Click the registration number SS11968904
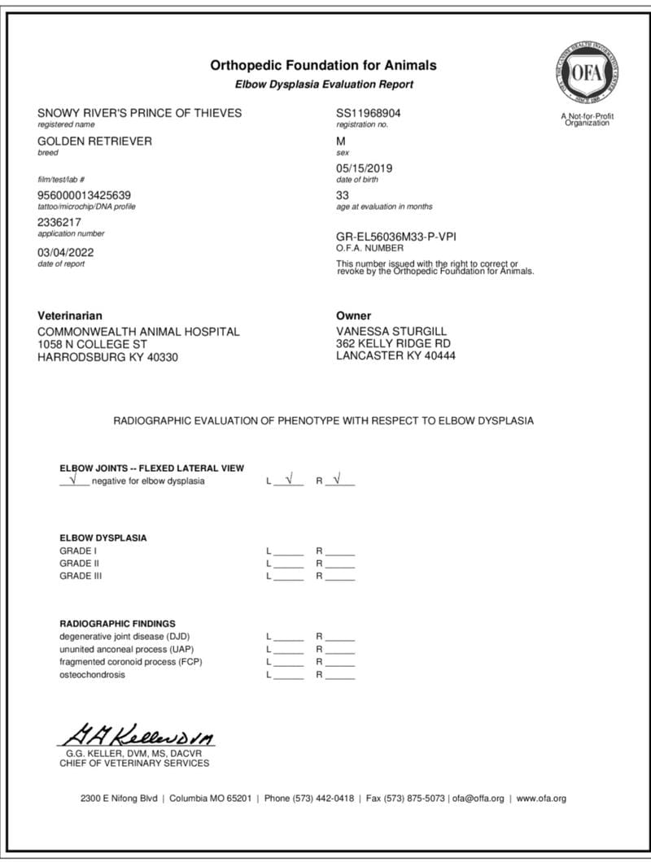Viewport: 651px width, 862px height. (x=368, y=113)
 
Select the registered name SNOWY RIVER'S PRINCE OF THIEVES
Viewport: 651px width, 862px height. (x=140, y=113)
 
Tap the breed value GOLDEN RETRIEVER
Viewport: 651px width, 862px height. (x=95, y=141)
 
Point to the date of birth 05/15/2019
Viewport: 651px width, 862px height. (x=364, y=168)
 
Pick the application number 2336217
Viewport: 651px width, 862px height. (x=59, y=222)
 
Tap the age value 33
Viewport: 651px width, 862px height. (x=343, y=195)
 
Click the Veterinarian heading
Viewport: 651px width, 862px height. (x=71, y=316)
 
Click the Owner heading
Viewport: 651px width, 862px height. (x=353, y=316)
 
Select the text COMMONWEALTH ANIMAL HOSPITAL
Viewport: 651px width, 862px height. (x=139, y=332)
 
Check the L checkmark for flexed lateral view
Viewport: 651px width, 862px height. (x=288, y=480)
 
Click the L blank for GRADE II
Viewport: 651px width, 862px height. (x=288, y=564)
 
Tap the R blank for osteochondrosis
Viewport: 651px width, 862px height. (x=340, y=675)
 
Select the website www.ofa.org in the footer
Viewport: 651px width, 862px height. (x=541, y=799)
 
